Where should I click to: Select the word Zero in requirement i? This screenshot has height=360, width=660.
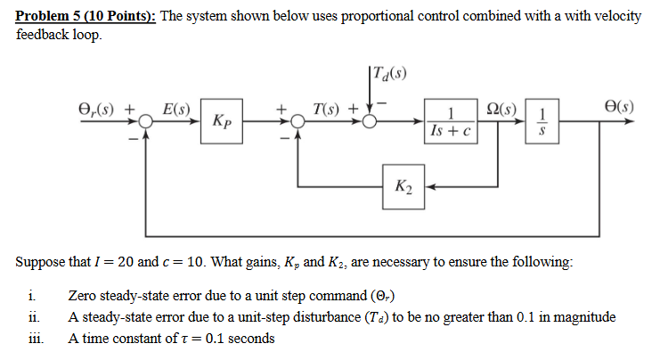click(83, 297)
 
